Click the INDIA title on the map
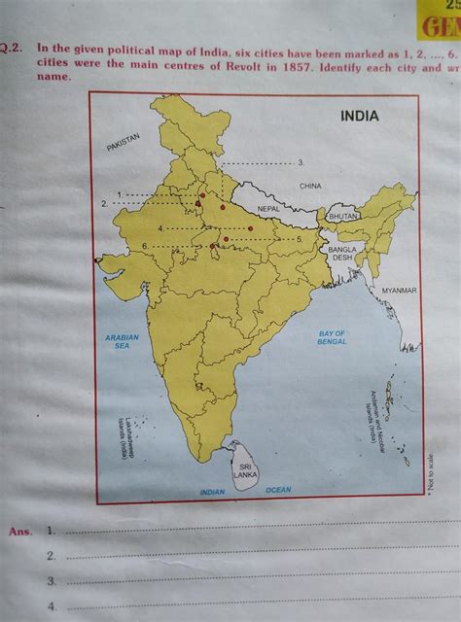click(359, 116)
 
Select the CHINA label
click(310, 185)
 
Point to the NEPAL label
click(269, 209)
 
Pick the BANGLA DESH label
click(342, 254)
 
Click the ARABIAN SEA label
click(123, 341)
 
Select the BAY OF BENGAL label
click(332, 338)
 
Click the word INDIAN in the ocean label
click(212, 493)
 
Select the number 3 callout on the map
click(301, 161)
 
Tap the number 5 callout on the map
click(301, 238)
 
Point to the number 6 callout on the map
click(145, 247)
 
